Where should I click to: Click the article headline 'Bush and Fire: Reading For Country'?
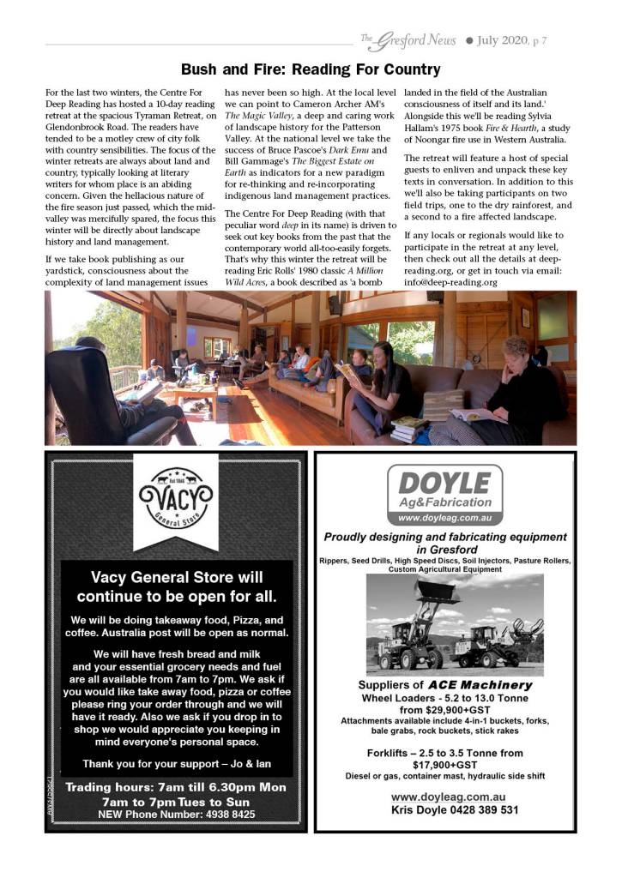tap(311, 69)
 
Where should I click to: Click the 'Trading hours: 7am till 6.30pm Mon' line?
tap(177, 786)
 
